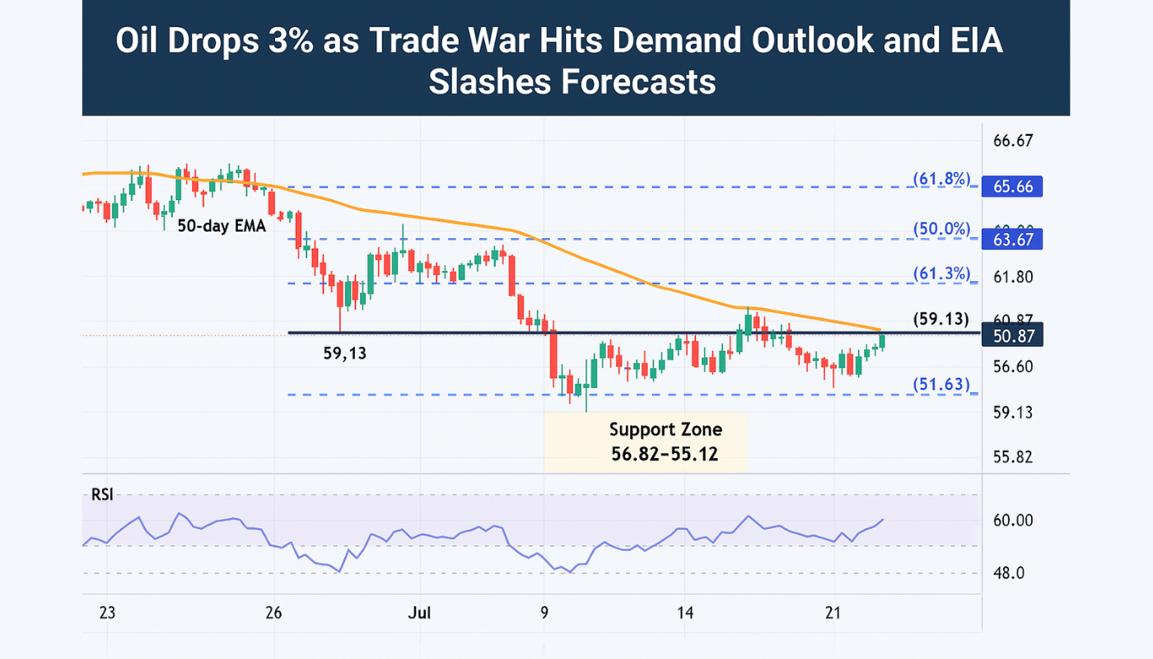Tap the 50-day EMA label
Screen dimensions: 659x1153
tap(222, 225)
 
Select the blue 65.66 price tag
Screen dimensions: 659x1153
tap(1012, 187)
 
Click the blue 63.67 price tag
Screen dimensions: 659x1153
tap(1012, 240)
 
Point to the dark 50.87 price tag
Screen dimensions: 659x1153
tap(1012, 335)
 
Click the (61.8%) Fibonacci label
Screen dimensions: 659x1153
tap(941, 180)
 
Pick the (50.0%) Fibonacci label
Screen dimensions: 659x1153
tap(941, 229)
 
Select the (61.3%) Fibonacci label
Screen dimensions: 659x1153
tap(941, 273)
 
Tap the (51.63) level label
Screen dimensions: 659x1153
tap(941, 385)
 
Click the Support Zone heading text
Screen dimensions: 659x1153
tap(665, 429)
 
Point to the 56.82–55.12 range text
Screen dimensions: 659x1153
tap(665, 453)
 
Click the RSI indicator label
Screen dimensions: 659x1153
tap(103, 495)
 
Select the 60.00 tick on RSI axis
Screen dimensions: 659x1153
tap(1012, 521)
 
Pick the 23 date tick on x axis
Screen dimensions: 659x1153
tap(106, 613)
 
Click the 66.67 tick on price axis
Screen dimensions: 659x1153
tap(1012, 141)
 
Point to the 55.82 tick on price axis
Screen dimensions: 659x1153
tap(1012, 457)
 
